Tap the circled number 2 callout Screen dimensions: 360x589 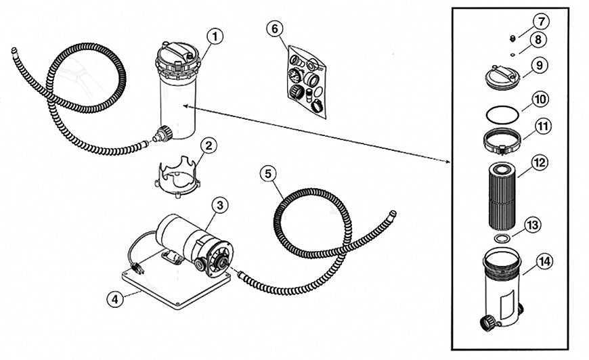pos(209,145)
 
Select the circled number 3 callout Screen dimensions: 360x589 pos(218,205)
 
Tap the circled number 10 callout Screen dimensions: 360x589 pos(540,99)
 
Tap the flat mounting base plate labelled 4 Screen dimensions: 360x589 pos(162,288)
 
